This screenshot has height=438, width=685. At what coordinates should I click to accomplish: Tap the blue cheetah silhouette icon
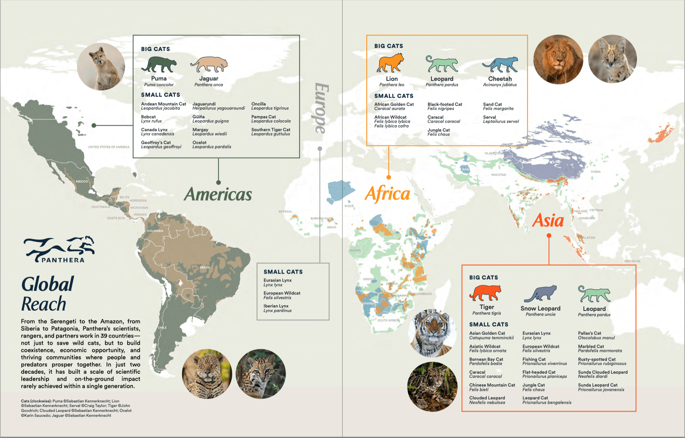500,65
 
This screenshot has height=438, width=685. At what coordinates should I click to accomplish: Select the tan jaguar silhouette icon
209,65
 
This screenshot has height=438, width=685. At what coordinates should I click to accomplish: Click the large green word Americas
218,194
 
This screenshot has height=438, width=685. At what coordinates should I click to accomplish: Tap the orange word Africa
387,194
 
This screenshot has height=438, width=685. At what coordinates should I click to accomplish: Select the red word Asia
548,220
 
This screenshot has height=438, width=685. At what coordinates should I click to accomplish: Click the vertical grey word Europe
321,108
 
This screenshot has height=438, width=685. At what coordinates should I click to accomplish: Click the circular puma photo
101,67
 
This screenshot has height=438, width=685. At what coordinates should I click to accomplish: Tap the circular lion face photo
558,59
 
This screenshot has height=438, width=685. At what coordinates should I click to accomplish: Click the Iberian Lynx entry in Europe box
277,308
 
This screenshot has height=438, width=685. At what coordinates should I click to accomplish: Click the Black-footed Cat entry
444,106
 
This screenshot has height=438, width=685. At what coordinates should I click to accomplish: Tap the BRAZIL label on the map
205,268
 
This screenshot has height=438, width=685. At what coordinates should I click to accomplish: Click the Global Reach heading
47,294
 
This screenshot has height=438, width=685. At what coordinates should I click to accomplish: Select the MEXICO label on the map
81,182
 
